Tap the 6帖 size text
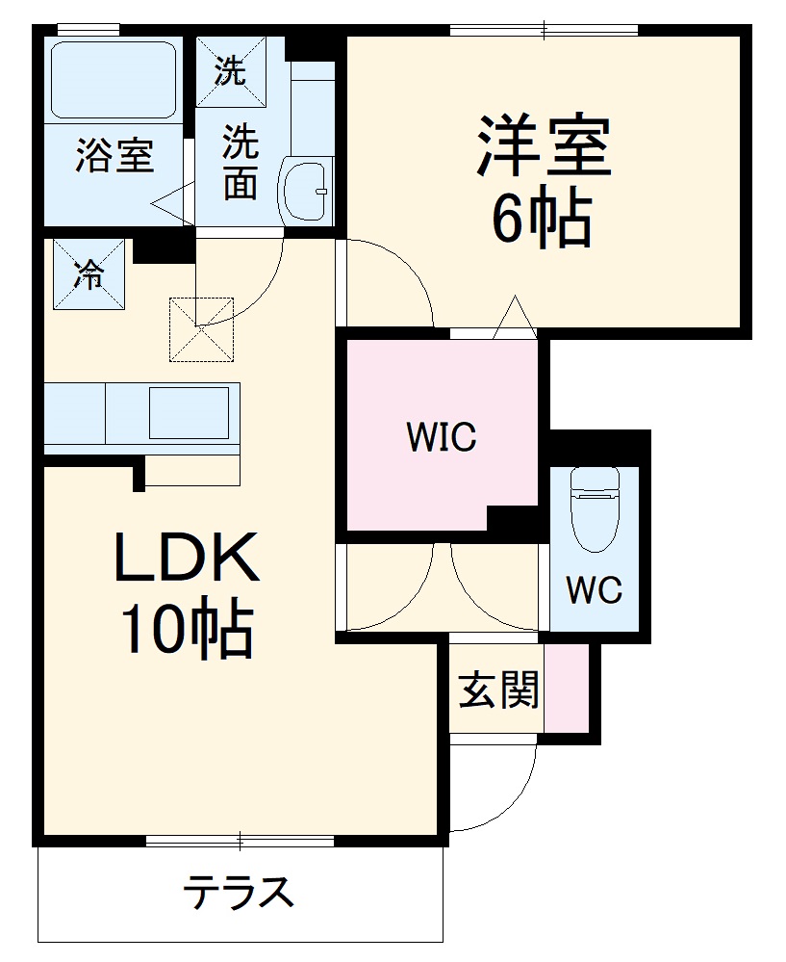541,220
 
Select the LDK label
187,559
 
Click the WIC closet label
442,437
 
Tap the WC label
594,589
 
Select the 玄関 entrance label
497,689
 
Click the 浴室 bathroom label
114,157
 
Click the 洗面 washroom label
240,164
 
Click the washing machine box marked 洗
230,72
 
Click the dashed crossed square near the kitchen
201,329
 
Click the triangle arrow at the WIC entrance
514,317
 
